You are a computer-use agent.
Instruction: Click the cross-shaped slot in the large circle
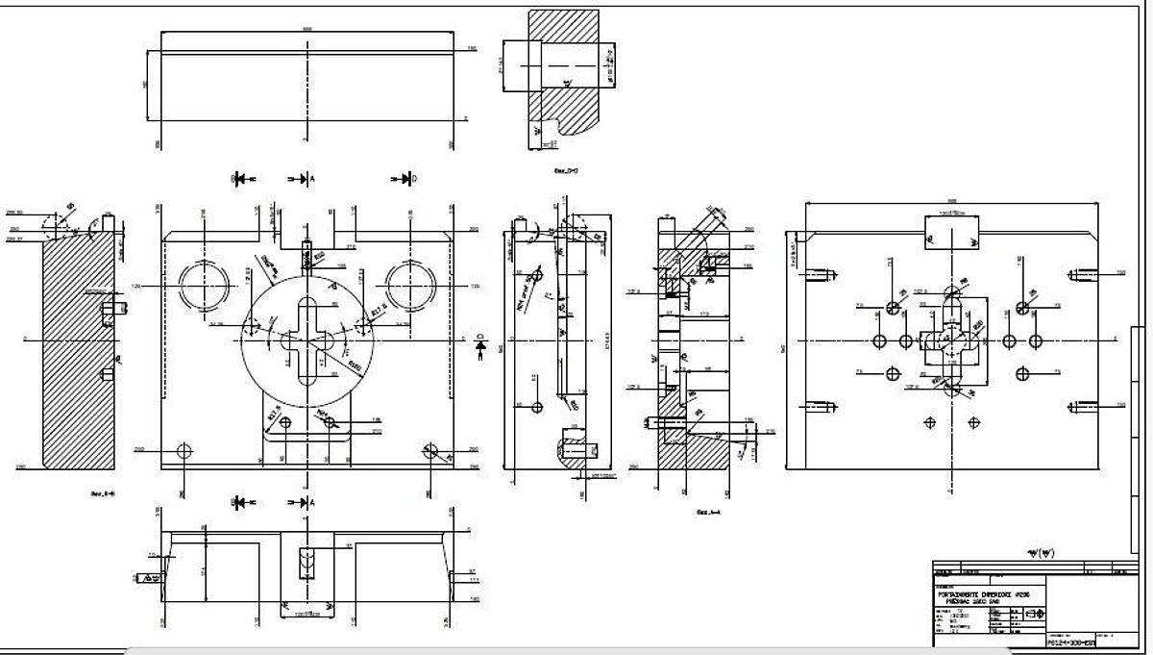306,340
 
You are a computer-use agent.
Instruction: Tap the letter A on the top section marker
311,179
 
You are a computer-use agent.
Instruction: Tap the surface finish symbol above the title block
1041,553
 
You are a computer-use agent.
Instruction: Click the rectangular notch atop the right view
951,232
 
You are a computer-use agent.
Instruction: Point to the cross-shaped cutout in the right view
950,340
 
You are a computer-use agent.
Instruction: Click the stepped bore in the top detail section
557,65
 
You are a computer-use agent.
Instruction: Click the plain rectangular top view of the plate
306,91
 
